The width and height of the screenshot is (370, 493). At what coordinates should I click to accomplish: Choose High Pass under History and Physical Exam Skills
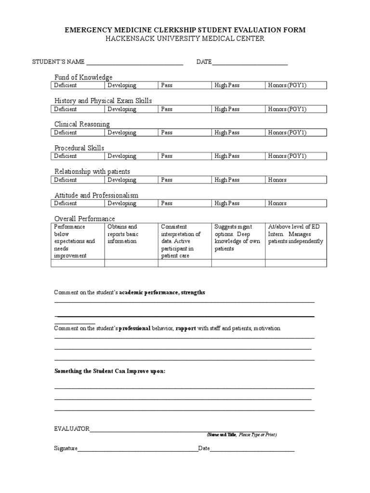pyautogui.click(x=238, y=109)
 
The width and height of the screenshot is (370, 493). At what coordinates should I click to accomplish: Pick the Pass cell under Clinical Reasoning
pyautogui.click(x=185, y=133)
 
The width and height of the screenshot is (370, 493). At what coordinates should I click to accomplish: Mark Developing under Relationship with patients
pyautogui.click(x=132, y=180)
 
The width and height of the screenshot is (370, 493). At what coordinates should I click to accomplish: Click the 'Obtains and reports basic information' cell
pyautogui.click(x=132, y=234)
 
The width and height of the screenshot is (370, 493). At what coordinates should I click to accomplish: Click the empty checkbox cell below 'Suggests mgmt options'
pyautogui.click(x=238, y=263)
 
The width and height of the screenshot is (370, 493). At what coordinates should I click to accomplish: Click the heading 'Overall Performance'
pyautogui.click(x=84, y=219)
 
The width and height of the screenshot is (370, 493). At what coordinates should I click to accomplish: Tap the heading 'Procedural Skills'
pyautogui.click(x=79, y=148)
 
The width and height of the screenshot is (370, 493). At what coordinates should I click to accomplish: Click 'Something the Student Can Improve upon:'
pyautogui.click(x=110, y=371)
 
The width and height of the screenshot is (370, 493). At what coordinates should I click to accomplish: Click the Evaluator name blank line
pyautogui.click(x=178, y=428)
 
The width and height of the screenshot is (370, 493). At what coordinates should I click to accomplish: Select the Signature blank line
pyautogui.click(x=138, y=449)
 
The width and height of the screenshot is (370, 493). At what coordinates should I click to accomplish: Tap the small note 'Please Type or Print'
pyautogui.click(x=257, y=435)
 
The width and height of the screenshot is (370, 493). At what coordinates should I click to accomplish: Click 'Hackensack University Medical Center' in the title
pyautogui.click(x=185, y=39)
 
